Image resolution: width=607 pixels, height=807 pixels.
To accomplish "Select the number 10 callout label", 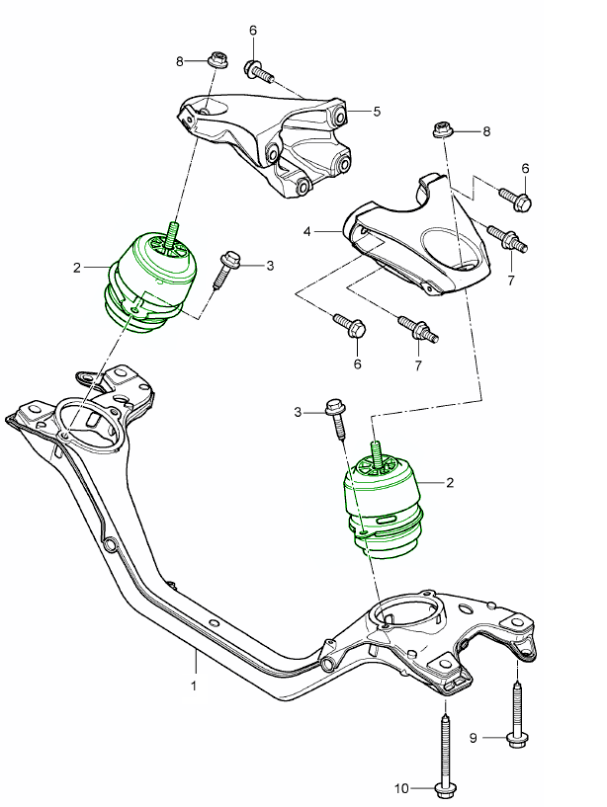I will (x=402, y=788).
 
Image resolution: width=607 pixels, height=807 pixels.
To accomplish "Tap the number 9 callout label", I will (x=472, y=736).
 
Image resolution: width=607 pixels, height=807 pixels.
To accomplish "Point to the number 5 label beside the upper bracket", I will (x=377, y=112).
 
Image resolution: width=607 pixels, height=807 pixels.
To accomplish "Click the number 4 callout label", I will (x=307, y=231).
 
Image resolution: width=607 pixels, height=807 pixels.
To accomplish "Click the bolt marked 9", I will (x=516, y=716).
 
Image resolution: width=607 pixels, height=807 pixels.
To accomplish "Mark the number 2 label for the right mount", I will (x=450, y=483).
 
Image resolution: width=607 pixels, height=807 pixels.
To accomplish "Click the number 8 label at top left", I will (x=180, y=61).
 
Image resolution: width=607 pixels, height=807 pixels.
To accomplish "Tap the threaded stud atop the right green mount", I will (x=376, y=452).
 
